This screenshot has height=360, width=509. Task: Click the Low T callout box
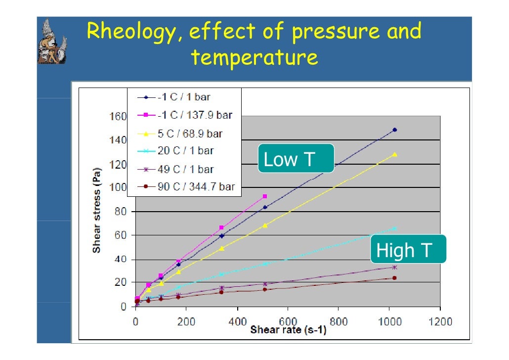[x=296, y=159]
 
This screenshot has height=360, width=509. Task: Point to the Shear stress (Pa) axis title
[x=97, y=211]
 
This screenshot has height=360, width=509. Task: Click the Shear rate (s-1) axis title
[x=288, y=330]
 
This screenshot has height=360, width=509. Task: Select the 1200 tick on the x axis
[x=440, y=322]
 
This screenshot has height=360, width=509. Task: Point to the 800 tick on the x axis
[x=339, y=322]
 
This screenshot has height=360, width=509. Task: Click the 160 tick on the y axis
[x=118, y=117]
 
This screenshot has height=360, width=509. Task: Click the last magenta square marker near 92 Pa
[x=265, y=196]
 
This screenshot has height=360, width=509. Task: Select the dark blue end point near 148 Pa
[x=394, y=130]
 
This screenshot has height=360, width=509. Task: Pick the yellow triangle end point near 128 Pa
[x=395, y=154]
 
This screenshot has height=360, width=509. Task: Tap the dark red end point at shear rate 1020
[x=394, y=278]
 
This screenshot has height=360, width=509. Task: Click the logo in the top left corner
[x=52, y=42]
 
